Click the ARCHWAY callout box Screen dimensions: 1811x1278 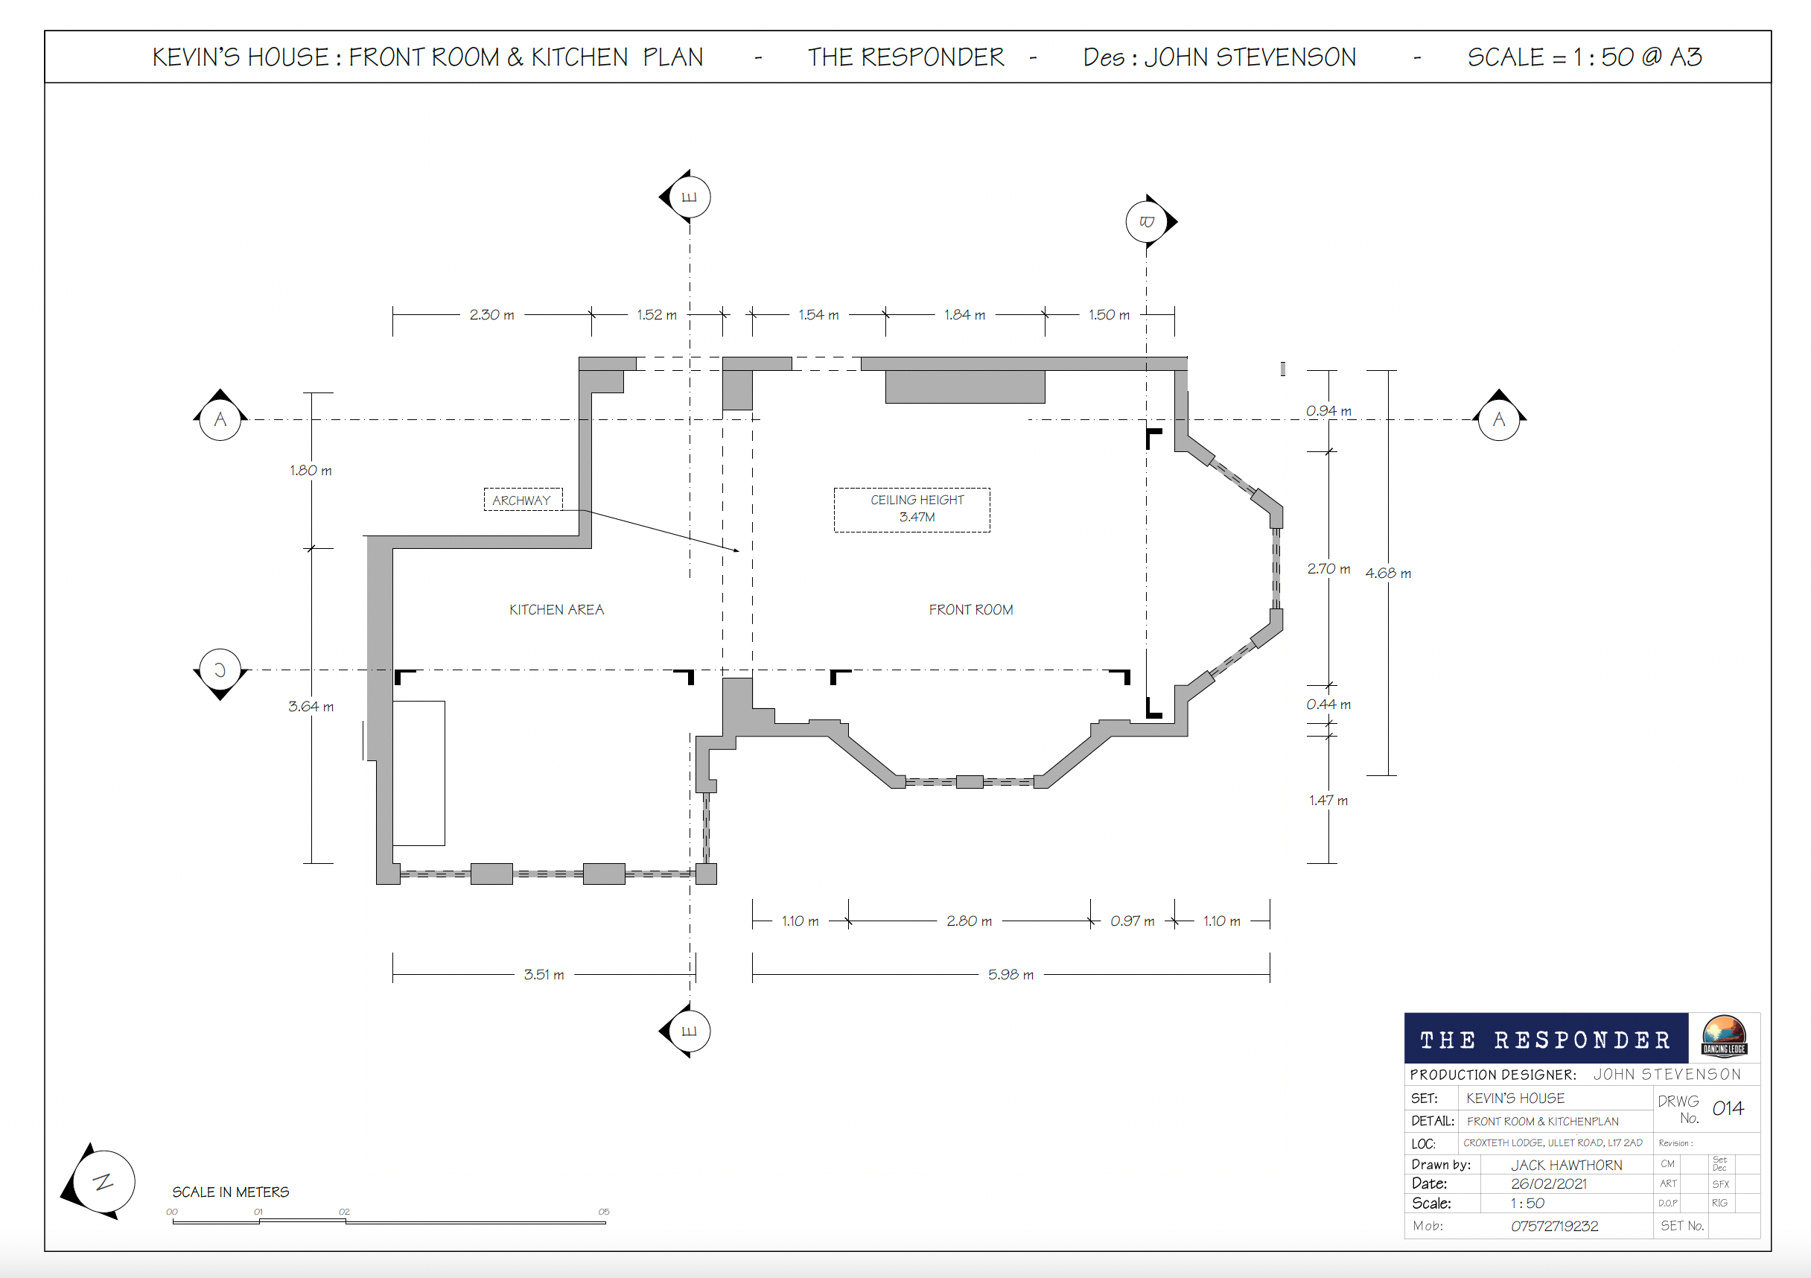click(523, 500)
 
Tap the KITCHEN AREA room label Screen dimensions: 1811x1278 click(557, 610)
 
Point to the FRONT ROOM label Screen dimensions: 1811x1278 click(971, 610)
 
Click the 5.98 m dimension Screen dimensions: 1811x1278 click(1010, 975)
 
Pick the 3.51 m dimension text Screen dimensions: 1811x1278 click(544, 975)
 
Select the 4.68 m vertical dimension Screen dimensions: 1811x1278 click(1388, 573)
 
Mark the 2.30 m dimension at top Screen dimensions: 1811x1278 click(491, 315)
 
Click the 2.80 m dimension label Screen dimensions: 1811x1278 click(970, 921)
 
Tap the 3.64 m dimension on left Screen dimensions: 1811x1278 click(311, 707)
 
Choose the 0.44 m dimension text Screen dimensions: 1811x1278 click(1328, 705)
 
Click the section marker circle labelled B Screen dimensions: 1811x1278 click(1147, 222)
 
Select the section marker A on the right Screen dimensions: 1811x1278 click(1499, 419)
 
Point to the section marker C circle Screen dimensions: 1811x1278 click(220, 670)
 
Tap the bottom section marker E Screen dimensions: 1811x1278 click(689, 1031)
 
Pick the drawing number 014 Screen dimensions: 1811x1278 click(1728, 1108)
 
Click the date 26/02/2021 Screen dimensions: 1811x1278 click(1548, 1183)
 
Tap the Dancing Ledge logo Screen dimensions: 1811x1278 click(1723, 1036)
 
